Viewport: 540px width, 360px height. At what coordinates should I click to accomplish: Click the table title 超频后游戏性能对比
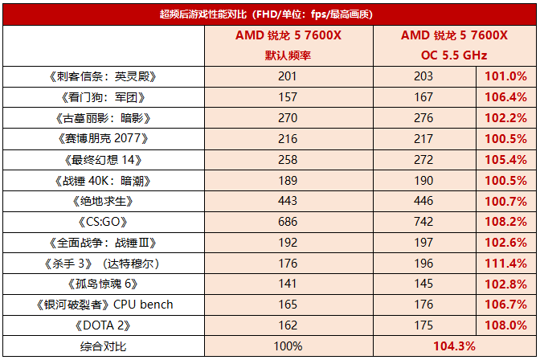(269, 14)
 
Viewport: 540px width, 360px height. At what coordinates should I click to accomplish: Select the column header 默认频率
(288, 55)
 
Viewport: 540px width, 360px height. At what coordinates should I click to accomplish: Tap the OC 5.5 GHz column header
(454, 55)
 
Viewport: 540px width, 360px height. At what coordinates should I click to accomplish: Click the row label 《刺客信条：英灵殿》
(101, 76)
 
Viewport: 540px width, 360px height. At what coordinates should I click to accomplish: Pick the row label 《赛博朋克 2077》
(101, 138)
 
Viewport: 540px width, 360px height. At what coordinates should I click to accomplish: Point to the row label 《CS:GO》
(101, 221)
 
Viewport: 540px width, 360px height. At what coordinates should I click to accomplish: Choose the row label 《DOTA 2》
(101, 325)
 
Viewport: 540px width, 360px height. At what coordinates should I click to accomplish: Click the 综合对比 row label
(101, 346)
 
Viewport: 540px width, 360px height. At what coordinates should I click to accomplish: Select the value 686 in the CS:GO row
(288, 221)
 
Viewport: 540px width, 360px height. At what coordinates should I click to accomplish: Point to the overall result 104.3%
(454, 346)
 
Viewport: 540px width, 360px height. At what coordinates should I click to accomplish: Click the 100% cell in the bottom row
(288, 346)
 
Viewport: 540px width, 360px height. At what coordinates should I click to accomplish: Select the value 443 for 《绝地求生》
(288, 200)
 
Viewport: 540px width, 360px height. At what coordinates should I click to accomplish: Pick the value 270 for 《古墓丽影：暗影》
(288, 117)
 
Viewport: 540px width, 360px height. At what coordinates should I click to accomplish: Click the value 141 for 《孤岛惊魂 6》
(288, 284)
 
